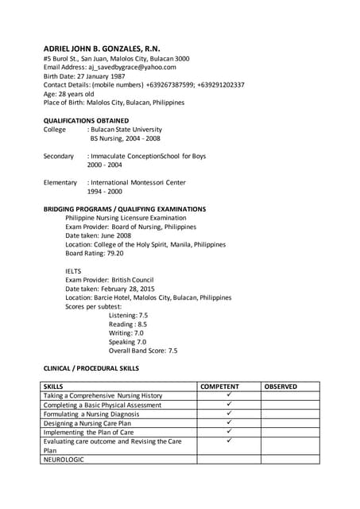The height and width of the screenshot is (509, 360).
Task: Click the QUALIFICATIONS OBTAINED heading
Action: [x=86, y=120]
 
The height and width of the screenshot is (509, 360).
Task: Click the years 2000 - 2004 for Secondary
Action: [x=104, y=165]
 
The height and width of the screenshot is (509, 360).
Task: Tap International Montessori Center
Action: [x=138, y=183]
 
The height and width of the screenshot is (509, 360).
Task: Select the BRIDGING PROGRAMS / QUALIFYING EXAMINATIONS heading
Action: [x=125, y=209]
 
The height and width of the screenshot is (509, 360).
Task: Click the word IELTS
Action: [x=73, y=271]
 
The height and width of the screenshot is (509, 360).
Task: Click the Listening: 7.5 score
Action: [x=128, y=315]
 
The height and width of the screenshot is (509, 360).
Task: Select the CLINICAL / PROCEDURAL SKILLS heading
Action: [x=91, y=368]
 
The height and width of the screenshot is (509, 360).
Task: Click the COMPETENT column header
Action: [x=219, y=387]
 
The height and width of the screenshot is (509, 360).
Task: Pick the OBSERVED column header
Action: [x=281, y=387]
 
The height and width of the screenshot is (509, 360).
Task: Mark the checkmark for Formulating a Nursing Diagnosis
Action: [x=229, y=414]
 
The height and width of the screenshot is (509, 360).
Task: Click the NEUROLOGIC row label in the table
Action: [x=64, y=459]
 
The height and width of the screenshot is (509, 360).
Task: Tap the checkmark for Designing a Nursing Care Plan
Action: [x=229, y=422]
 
